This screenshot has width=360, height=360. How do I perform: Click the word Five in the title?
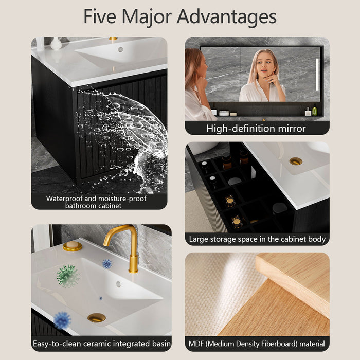pos(100,16)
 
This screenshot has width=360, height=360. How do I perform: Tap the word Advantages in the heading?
pos(226,17)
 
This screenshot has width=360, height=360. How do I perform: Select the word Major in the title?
pos(147,17)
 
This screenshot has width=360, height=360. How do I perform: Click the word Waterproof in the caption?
pos(64,199)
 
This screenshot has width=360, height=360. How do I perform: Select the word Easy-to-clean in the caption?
pos(57,344)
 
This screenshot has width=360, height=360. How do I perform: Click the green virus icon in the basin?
pos(67,276)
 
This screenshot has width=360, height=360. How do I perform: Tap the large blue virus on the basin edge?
pos(62,320)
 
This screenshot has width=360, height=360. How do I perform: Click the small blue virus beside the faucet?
pos(107,264)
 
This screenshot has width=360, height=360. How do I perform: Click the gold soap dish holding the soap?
pos(73,246)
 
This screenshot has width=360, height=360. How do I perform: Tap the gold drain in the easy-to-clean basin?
pos(97,318)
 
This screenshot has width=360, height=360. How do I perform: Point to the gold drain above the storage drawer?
pos(296,161)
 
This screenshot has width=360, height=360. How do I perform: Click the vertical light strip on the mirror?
pos(317,75)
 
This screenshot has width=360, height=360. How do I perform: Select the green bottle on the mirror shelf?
pos(314,110)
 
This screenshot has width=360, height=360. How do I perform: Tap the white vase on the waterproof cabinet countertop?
pos(56,43)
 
